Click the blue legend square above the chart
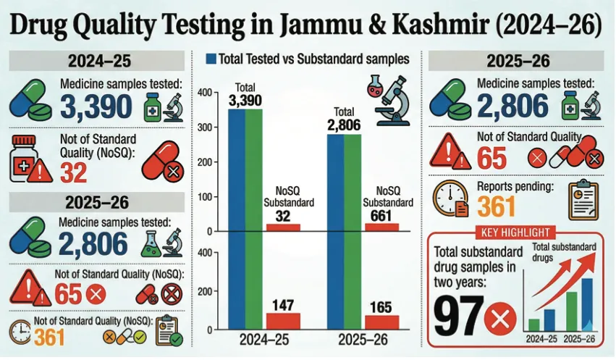[211, 57]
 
